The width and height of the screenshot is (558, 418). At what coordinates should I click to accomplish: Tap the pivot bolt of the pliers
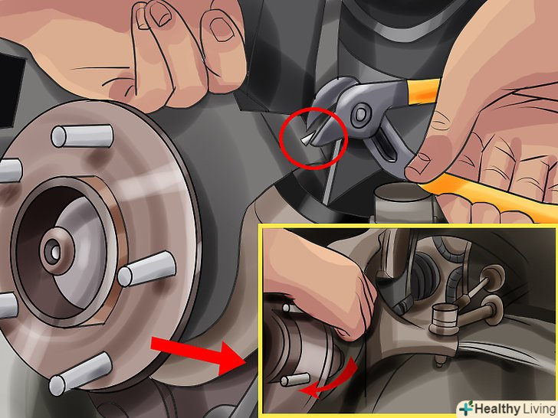[x=360, y=114]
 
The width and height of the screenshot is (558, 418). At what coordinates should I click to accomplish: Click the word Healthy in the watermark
[x=497, y=408]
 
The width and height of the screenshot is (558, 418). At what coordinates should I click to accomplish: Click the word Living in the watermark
[x=539, y=408]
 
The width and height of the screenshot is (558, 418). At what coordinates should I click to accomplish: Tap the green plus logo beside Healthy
[x=465, y=408]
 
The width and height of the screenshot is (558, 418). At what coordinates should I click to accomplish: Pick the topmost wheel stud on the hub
[x=82, y=136]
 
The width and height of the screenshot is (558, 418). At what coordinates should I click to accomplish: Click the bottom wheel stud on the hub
[x=80, y=374]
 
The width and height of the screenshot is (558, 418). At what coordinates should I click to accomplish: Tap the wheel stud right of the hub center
[x=146, y=269]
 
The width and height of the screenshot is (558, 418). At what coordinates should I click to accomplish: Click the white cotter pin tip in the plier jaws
[x=306, y=140]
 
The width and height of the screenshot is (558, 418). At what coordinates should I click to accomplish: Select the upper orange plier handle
[x=423, y=90]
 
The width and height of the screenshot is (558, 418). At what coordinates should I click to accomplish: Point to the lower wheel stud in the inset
[x=295, y=380]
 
